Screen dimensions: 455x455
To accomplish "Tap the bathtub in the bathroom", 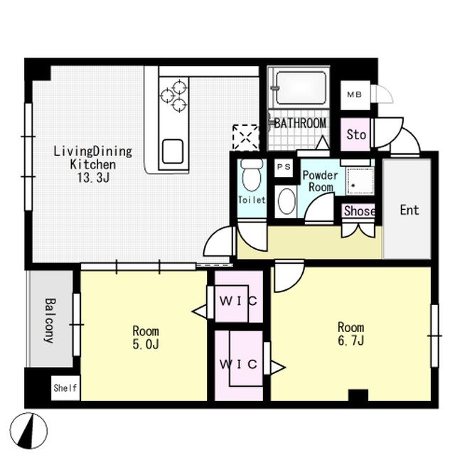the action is (x=301, y=87).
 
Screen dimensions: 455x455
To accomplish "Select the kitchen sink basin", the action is (x=173, y=151).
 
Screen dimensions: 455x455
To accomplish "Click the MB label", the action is (x=355, y=95).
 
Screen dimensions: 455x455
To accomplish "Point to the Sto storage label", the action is (x=356, y=134).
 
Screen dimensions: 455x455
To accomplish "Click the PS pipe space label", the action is (x=284, y=167).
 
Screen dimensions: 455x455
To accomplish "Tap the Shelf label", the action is (x=65, y=387).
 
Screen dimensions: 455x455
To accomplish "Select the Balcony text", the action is (x=50, y=321).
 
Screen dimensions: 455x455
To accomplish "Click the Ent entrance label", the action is (x=409, y=210).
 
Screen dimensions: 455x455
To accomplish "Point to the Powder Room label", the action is (x=321, y=181).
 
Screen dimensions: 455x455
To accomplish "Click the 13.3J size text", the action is (x=93, y=178).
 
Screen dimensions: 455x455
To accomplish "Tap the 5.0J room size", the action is (x=146, y=344).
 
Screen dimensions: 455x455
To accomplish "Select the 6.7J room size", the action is (x=350, y=341).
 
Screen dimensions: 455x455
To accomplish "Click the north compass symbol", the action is (x=28, y=431).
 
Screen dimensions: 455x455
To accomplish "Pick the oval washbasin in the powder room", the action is (x=287, y=201).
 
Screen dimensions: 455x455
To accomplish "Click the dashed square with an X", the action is (x=246, y=137).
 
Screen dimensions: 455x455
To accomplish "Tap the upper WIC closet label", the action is (x=239, y=301).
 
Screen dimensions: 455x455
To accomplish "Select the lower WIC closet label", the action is (x=239, y=364).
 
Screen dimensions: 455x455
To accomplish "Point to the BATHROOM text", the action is (x=300, y=124).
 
